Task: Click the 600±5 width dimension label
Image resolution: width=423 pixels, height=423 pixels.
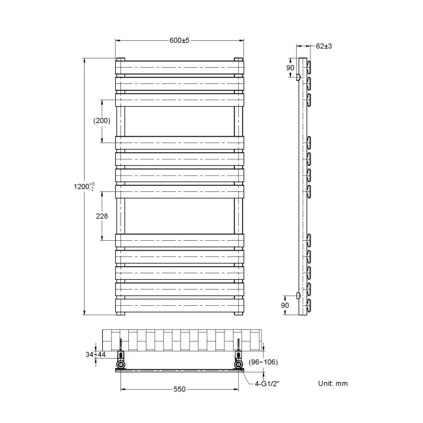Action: pyautogui.click(x=179, y=40)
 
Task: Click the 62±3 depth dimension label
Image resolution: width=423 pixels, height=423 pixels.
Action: pyautogui.click(x=324, y=46)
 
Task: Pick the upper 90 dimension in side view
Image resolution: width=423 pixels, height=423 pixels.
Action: pyautogui.click(x=291, y=68)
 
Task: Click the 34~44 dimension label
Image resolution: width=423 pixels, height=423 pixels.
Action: pyautogui.click(x=95, y=354)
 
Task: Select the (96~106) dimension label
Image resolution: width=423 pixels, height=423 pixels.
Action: pyautogui.click(x=263, y=362)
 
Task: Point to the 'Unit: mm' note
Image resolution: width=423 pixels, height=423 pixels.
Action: pyautogui.click(x=333, y=383)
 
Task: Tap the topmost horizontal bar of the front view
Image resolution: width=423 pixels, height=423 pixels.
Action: pyautogui.click(x=180, y=66)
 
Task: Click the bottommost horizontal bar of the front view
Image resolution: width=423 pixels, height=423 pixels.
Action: pyautogui.click(x=180, y=303)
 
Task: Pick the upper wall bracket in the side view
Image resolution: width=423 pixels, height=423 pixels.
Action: pyautogui.click(x=298, y=77)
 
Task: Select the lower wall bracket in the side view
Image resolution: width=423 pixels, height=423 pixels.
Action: pyautogui.click(x=298, y=296)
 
